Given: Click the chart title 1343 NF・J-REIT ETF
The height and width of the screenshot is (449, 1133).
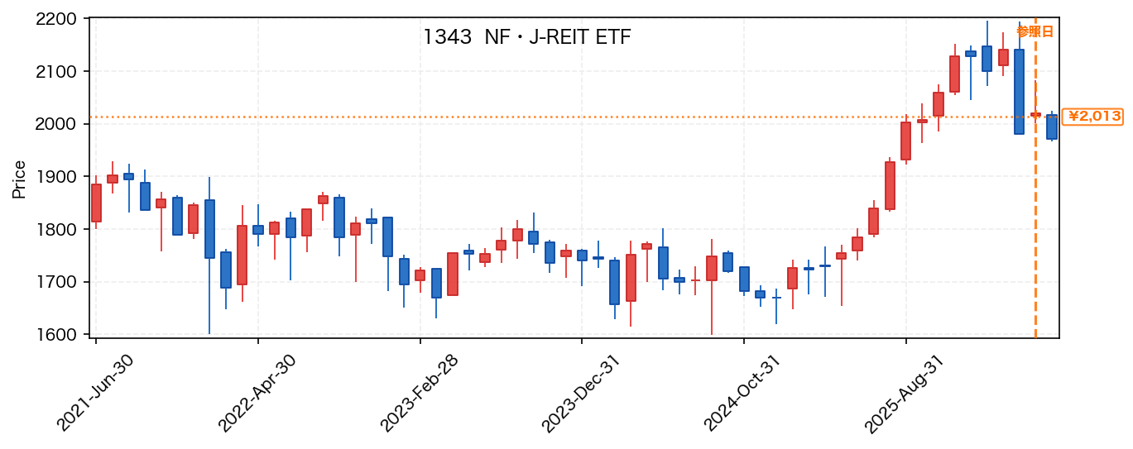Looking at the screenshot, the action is click(x=526, y=37).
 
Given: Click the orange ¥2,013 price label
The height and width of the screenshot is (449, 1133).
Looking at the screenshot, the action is click(x=1092, y=117).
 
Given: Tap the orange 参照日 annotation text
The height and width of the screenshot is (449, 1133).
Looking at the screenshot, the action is click(x=1035, y=31).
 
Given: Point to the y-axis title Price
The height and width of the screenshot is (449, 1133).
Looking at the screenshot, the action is click(x=19, y=179).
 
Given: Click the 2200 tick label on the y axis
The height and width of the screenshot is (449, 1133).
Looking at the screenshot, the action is click(x=55, y=19).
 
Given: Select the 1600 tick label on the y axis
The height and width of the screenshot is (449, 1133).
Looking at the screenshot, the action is click(x=55, y=335).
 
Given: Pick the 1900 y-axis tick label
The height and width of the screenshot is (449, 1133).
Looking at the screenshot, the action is click(x=55, y=177).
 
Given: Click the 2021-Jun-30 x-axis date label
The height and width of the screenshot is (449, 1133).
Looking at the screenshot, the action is click(x=94, y=393).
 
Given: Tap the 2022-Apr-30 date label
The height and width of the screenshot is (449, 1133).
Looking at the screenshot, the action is click(x=257, y=393).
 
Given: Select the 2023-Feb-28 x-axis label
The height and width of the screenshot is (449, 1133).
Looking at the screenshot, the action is click(x=419, y=393).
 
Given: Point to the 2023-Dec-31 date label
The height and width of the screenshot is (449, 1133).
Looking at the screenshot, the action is click(x=581, y=393).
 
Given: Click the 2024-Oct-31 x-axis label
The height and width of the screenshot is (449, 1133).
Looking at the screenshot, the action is click(x=742, y=393).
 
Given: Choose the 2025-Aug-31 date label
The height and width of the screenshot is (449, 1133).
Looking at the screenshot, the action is click(x=905, y=393).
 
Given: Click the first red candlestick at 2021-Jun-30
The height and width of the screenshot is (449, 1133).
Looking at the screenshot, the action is click(x=96, y=203).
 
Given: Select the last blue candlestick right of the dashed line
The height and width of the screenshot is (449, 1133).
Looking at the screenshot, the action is click(x=1052, y=127).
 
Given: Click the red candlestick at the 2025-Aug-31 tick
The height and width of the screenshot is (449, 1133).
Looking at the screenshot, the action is click(x=906, y=141).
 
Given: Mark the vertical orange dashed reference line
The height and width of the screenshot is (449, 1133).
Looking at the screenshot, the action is click(x=1035, y=178).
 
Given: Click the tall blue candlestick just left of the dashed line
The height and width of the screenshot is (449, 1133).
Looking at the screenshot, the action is click(x=1019, y=92).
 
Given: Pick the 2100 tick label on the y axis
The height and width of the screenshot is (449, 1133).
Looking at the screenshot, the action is click(x=55, y=72).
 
